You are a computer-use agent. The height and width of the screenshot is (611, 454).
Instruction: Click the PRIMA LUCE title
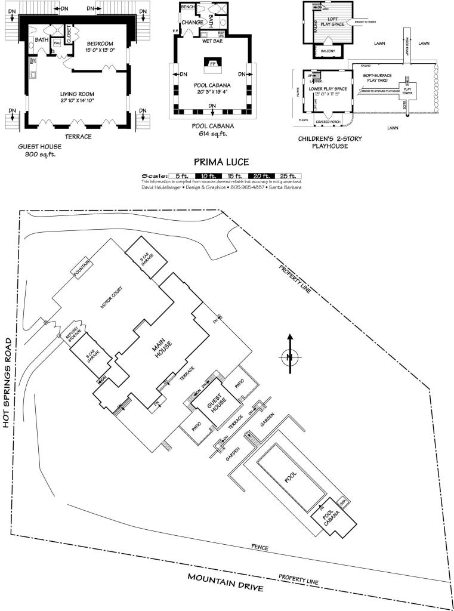pyautogui.click(x=221, y=162)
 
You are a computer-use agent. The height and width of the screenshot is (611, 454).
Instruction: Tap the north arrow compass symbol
pyautogui.click(x=289, y=357)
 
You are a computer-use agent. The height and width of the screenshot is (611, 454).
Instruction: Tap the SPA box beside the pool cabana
pyautogui.click(x=342, y=502)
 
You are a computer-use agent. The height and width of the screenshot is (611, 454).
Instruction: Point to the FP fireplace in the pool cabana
pyautogui.click(x=212, y=63)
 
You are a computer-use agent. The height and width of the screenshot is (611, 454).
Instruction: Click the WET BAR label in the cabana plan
pyautogui.click(x=212, y=42)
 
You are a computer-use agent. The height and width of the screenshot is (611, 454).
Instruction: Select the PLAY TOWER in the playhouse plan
pyautogui.click(x=407, y=91)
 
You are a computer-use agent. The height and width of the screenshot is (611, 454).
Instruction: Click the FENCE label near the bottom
pyautogui.click(x=260, y=547)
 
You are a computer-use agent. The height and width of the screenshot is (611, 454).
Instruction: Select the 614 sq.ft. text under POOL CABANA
pyautogui.click(x=212, y=134)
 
